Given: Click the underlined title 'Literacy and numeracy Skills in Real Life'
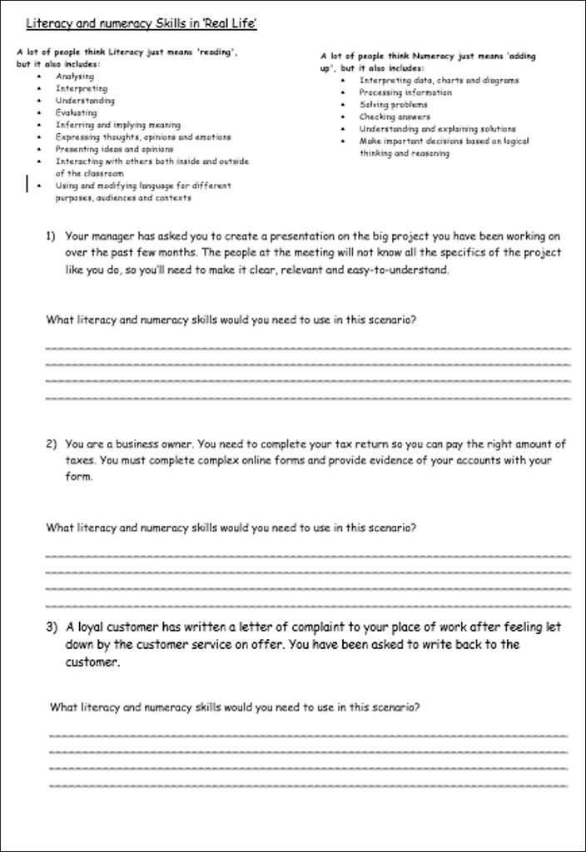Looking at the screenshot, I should (141, 24).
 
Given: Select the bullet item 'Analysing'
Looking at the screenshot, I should (75, 77).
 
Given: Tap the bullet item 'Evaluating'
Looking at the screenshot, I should (77, 112).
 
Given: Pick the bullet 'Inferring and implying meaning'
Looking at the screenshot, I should (118, 125).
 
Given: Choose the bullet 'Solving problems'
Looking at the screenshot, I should (394, 105).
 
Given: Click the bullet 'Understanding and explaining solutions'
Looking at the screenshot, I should (438, 129).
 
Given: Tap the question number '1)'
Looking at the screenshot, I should (51, 235).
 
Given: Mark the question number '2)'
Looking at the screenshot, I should (51, 443).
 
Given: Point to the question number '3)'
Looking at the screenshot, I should (51, 627).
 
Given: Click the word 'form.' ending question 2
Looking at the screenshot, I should (79, 478).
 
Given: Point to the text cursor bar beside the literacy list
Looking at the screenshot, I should (28, 182).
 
